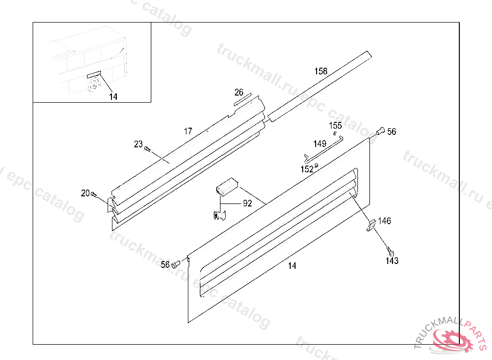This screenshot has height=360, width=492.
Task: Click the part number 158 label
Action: tap(320, 71)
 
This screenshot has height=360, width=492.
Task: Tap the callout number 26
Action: tap(239, 92)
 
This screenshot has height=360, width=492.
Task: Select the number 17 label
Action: tap(188, 131)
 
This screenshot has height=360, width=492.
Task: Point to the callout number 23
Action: tap(138, 144)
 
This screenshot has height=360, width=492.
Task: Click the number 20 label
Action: tap(86, 193)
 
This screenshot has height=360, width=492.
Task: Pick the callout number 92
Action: tap(247, 204)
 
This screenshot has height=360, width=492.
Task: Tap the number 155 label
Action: tap(335, 126)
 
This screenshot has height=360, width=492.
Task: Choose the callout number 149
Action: tap(320, 144)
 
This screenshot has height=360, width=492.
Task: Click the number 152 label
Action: tap(307, 169)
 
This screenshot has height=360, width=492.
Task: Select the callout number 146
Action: tap(384, 221)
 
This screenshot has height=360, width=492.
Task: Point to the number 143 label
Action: tap(392, 261)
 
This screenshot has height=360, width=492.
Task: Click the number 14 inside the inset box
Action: tap(113, 96)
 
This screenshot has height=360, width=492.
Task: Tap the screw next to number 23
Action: tap(147, 149)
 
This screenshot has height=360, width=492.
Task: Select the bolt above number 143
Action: tap(390, 251)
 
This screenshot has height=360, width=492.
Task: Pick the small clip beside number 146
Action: tap(371, 225)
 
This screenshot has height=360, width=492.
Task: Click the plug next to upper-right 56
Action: tap(381, 131)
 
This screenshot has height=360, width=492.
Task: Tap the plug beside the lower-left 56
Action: tap(176, 264)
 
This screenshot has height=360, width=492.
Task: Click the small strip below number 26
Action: tap(243, 99)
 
